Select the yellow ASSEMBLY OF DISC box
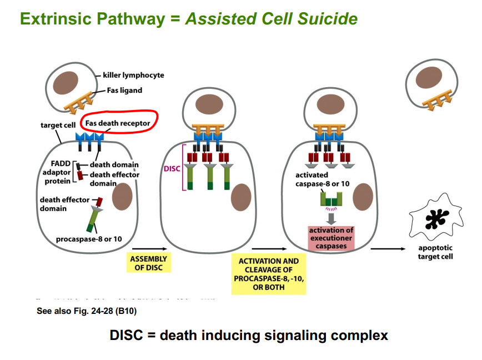(148, 263)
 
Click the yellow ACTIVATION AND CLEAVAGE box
(268, 273)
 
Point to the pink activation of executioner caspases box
(331, 238)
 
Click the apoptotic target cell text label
(435, 252)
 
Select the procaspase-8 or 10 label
(89, 239)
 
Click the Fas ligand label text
(124, 90)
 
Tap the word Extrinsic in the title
(59, 18)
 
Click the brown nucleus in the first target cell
(122, 197)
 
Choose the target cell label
(58, 125)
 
